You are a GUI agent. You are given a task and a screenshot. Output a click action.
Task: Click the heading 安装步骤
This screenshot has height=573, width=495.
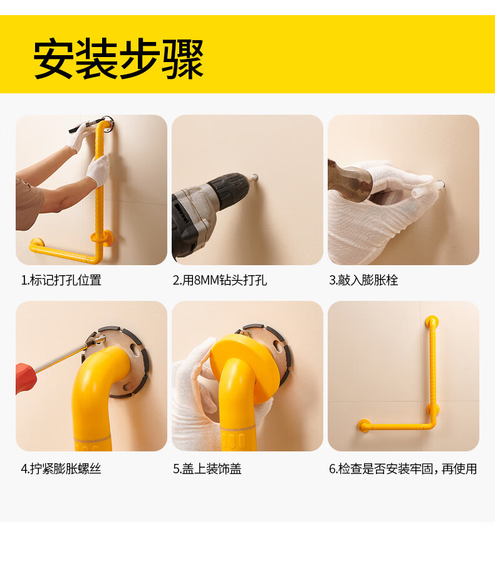pos(118,59)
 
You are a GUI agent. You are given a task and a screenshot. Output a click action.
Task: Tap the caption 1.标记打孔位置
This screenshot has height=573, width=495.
pos(61,280)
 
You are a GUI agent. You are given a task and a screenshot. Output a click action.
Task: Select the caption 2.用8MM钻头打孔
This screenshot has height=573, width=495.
pos(220,280)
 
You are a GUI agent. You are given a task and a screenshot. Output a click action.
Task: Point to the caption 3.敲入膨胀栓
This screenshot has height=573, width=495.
pos(363,280)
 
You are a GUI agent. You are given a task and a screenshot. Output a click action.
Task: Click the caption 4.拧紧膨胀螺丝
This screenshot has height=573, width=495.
pos(61,468)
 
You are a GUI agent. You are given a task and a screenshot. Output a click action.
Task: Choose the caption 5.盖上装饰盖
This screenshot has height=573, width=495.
pos(207,468)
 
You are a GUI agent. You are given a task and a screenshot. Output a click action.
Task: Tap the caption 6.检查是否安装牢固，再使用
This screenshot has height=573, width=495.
pos(403,468)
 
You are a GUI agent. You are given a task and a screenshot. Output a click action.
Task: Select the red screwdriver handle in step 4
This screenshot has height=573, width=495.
pos(26,378)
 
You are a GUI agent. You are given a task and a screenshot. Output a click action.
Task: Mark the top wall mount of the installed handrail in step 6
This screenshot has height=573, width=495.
pos(432,322)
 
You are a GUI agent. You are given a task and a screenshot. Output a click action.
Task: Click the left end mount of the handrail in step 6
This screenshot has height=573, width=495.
pos(364,424)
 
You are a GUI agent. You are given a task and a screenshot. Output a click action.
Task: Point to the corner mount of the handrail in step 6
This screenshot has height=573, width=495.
pos(432,409)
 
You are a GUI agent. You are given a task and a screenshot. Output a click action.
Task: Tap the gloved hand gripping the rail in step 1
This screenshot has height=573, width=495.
pos(98,170)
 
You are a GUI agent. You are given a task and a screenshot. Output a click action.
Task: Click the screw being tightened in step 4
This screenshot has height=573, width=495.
pos(96,342)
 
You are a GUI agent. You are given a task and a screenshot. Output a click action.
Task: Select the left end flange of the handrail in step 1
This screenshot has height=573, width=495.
pos(36,243)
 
